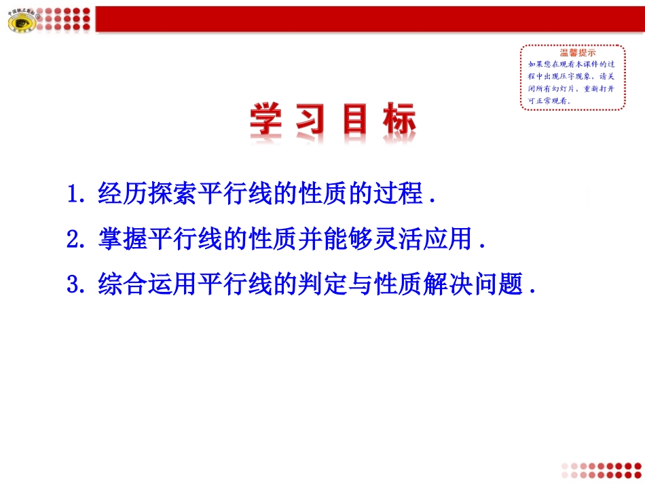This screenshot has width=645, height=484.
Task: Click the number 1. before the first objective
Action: tap(76, 194)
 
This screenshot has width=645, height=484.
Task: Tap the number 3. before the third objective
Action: tap(76, 284)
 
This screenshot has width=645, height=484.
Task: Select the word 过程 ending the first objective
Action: tap(397, 194)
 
